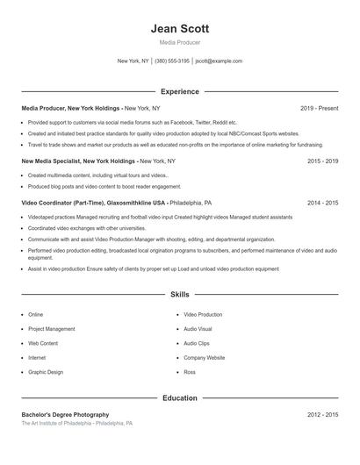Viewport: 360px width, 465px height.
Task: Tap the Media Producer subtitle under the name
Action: (x=179, y=42)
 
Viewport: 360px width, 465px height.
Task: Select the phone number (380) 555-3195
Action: (x=172, y=61)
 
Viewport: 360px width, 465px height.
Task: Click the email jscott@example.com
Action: (x=219, y=61)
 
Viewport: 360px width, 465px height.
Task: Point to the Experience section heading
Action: (x=179, y=91)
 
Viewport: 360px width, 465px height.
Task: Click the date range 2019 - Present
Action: (x=319, y=108)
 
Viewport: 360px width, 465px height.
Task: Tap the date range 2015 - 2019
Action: (x=322, y=161)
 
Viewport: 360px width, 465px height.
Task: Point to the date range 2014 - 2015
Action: (x=322, y=203)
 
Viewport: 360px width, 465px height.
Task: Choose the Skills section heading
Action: (x=179, y=295)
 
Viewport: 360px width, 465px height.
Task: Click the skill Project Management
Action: (x=52, y=329)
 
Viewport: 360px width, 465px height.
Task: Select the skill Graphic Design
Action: (x=46, y=372)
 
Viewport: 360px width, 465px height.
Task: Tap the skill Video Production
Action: (x=203, y=314)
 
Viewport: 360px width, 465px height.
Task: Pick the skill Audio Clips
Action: (x=197, y=343)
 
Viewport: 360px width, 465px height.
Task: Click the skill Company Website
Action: (x=205, y=358)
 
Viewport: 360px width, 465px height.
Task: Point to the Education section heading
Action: (x=179, y=397)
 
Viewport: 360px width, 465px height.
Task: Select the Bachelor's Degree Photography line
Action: (x=65, y=414)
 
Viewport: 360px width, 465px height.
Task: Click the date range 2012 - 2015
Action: (x=322, y=414)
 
